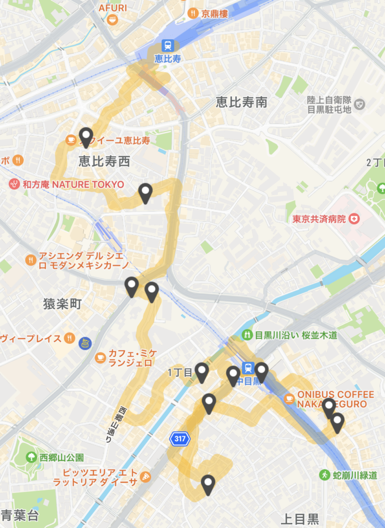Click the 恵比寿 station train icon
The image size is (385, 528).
(168, 45)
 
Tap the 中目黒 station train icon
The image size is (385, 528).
(248, 368)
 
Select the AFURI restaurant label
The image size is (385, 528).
(112, 9)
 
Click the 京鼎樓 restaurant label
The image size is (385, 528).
(212, 13)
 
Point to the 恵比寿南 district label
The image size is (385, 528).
(242, 103)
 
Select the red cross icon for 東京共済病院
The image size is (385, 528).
(354, 219)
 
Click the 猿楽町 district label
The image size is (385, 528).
(62, 304)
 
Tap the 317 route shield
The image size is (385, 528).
(180, 439)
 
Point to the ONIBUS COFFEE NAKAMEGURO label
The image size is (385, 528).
(335, 399)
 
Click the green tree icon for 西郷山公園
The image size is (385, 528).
(31, 457)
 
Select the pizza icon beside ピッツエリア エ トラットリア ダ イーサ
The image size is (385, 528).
(146, 476)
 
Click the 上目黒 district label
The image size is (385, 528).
(300, 518)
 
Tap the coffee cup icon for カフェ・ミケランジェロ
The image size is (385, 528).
(100, 357)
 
